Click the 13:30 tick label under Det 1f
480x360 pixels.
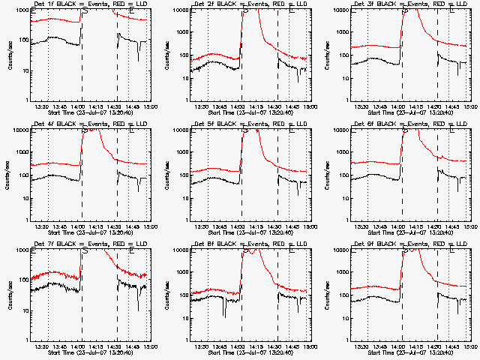pos(43,106)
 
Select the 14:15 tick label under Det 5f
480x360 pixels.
pos(256,226)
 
